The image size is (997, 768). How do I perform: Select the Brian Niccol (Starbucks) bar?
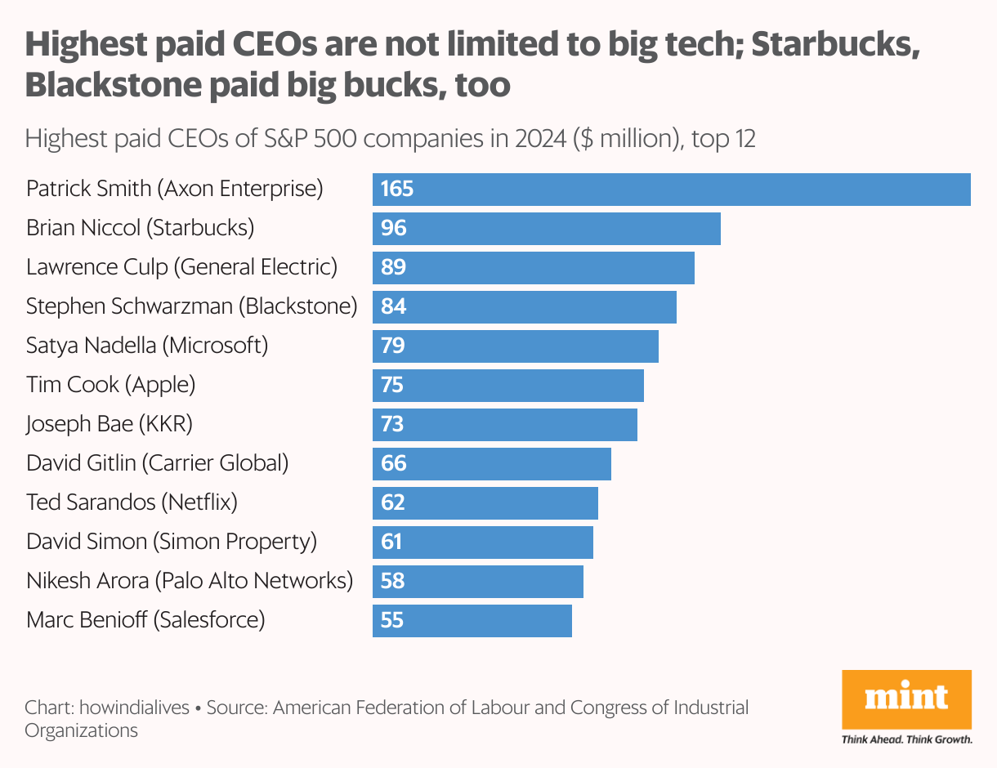click(547, 229)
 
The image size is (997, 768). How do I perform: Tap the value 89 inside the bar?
click(393, 268)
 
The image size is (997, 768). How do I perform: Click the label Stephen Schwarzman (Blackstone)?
click(191, 306)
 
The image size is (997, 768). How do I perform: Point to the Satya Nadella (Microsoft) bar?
click(516, 346)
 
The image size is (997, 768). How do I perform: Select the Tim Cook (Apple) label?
click(110, 385)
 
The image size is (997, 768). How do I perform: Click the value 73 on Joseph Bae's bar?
click(393, 424)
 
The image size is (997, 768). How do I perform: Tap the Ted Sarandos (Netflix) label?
click(132, 502)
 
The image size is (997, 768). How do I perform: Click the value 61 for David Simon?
click(392, 542)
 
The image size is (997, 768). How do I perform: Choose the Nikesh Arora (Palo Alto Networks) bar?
click(478, 581)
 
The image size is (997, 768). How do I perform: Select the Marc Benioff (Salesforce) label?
click(145, 620)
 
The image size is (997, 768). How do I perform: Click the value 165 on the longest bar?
click(397, 190)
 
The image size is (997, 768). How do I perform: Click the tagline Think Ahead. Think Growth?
click(906, 739)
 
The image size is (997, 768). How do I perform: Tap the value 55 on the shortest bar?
click(392, 620)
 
